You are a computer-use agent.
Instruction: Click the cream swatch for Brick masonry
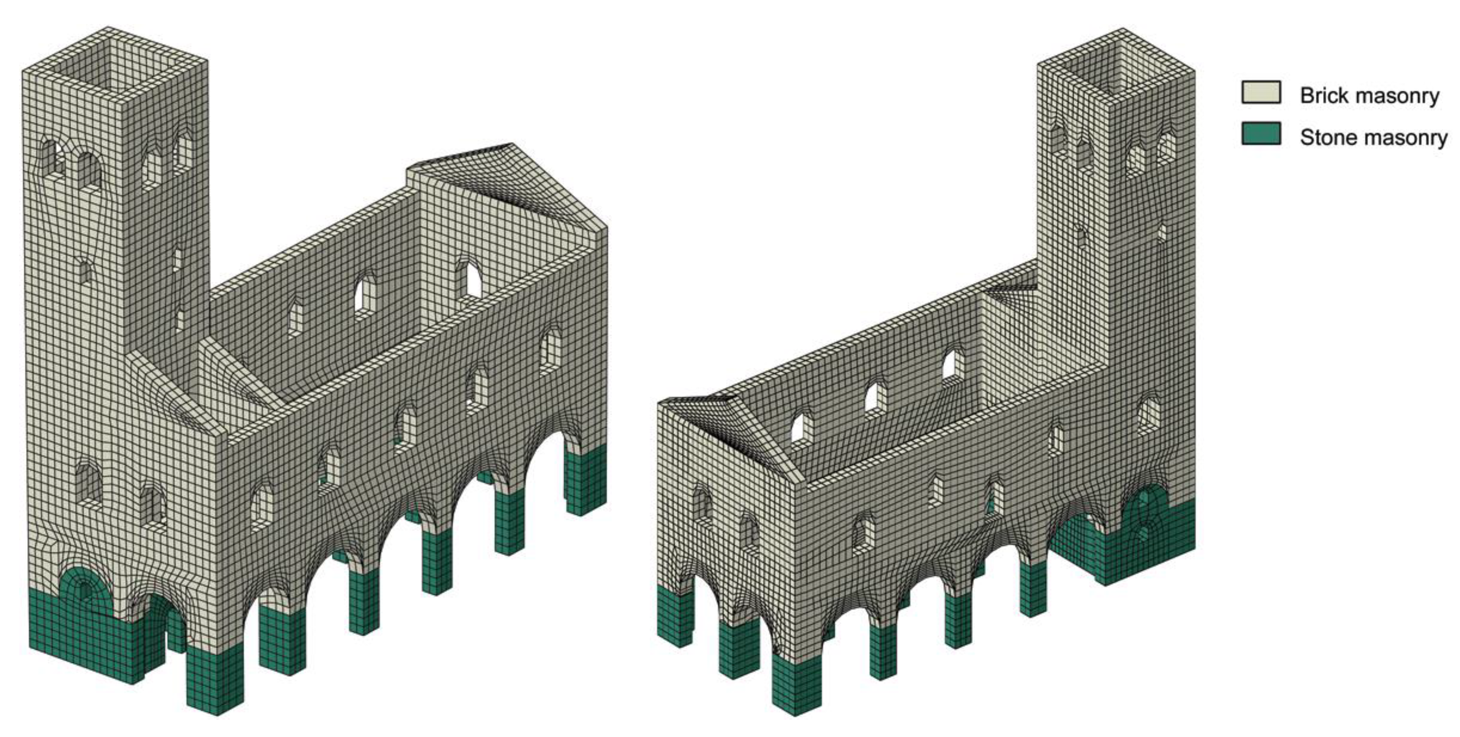coord(1261,92)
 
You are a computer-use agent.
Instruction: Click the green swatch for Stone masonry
coord(1261,134)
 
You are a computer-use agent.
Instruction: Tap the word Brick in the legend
coord(1321,95)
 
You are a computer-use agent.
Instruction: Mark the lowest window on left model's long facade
coord(262,505)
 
